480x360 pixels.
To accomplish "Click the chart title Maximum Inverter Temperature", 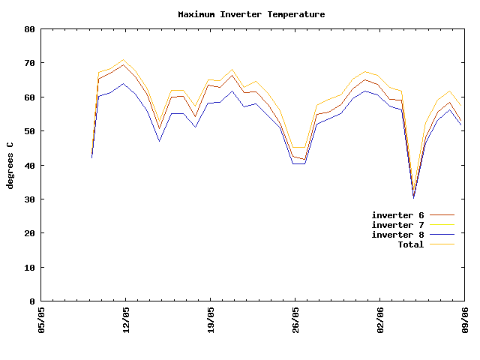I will point(251,14).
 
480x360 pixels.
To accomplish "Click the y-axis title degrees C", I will point(10,165).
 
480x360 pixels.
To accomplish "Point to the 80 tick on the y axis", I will point(30,29).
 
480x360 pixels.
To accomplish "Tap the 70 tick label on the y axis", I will point(30,63).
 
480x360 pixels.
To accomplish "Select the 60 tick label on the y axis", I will point(30,97).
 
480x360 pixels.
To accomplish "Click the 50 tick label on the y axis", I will point(30,131).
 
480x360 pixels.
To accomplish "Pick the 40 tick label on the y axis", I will point(30,165).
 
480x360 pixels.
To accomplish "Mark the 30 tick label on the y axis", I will point(30,199).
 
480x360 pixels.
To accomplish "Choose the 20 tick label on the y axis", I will point(30,233).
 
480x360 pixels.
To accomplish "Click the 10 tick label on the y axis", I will point(30,267).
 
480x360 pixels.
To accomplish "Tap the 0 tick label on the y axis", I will point(32,301).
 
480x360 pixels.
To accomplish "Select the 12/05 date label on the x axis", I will point(126,319).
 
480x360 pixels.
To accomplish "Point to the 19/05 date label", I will point(211,319).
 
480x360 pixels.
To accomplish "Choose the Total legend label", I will point(410,244).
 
